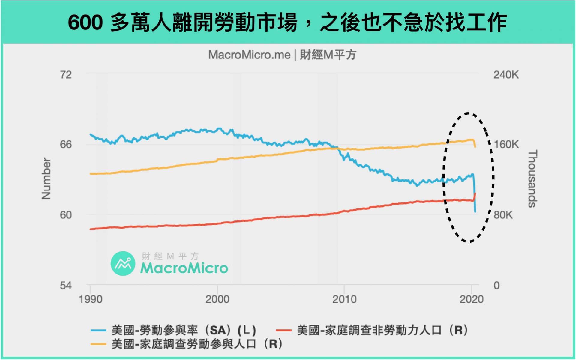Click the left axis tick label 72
(x=66, y=75)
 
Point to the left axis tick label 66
(x=66, y=145)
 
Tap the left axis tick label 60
(x=66, y=215)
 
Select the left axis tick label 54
(x=66, y=286)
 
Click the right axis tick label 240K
(x=506, y=75)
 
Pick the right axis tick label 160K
(x=506, y=145)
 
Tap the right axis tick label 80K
(x=503, y=215)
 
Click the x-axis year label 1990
(x=90, y=299)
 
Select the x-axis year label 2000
(x=217, y=299)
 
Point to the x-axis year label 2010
(x=344, y=299)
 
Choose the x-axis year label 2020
(x=472, y=299)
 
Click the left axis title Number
(x=46, y=179)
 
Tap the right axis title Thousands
(x=532, y=179)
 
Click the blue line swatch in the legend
(x=98, y=331)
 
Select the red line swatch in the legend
(x=283, y=331)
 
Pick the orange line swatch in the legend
(x=98, y=344)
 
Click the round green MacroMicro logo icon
(x=123, y=264)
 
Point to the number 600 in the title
(x=85, y=22)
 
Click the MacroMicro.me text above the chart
(x=249, y=55)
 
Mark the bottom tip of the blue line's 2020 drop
(x=475, y=212)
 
